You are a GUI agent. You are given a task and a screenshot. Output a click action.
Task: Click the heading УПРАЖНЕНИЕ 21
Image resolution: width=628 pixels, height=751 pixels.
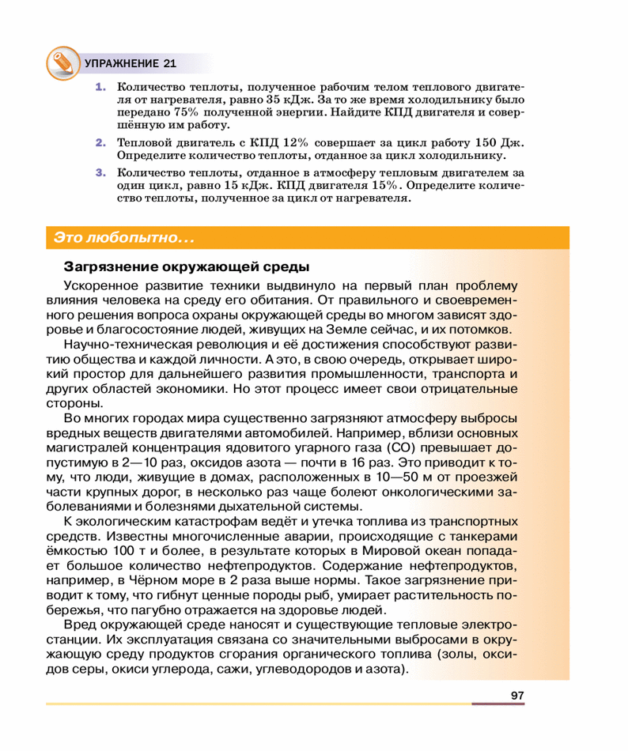(x=131, y=63)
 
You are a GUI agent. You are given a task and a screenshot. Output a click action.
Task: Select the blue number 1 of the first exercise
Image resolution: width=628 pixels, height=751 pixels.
(x=100, y=87)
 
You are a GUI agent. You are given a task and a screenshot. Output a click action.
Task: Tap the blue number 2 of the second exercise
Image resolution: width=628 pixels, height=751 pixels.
(x=100, y=143)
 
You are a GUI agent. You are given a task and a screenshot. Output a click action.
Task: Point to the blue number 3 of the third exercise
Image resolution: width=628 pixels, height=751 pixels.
(x=100, y=172)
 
